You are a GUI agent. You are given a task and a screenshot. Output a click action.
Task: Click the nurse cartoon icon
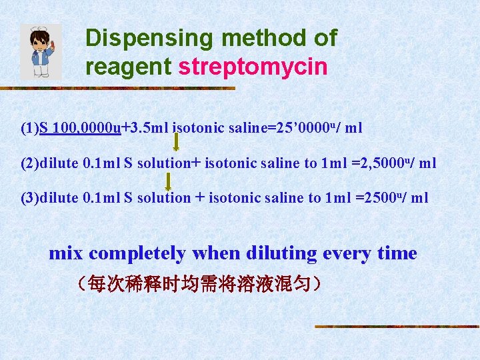(41, 51)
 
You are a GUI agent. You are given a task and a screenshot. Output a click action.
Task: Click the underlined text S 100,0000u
(80, 128)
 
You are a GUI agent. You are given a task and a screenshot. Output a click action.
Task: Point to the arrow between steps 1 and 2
(176, 141)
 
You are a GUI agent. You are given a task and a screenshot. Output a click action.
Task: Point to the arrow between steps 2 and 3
(169, 181)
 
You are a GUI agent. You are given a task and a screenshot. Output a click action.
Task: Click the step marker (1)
(30, 128)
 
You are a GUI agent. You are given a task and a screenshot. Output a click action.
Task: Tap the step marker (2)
(30, 163)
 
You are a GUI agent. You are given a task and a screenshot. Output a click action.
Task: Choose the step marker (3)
(30, 198)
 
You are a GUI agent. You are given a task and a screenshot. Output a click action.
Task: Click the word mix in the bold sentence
(66, 253)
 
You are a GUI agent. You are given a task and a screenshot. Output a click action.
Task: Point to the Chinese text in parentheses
(199, 285)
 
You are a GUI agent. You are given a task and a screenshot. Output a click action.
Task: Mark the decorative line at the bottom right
(397, 327)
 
